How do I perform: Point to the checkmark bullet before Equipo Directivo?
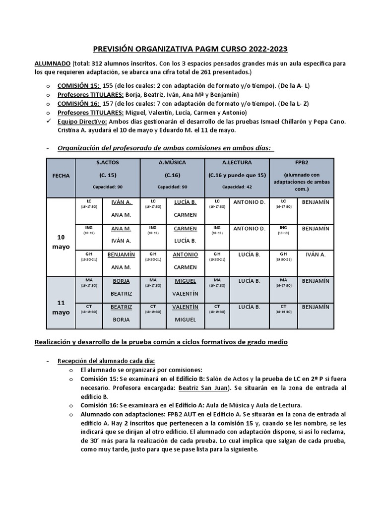[48, 121]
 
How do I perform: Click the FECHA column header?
[60, 176]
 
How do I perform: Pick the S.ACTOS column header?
[107, 162]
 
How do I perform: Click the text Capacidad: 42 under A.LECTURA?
[237, 187]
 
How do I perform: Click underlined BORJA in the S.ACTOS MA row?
[121, 281]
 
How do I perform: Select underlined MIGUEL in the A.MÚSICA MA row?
[185, 281]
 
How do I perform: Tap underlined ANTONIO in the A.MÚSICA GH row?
[185, 254]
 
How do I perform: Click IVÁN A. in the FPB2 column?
[316, 254]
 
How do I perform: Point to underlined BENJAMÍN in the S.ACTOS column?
[121, 254]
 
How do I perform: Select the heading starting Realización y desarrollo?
[161, 342]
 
